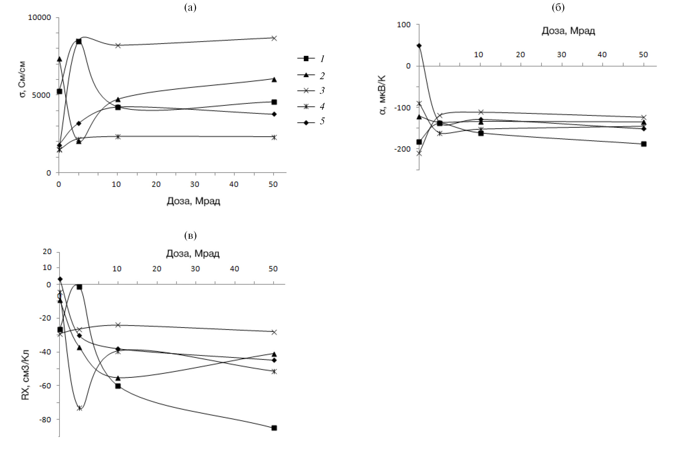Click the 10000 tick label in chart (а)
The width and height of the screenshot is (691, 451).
(x=40, y=17)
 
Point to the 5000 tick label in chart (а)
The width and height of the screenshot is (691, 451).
(x=41, y=95)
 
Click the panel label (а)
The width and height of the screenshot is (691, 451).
(x=190, y=7)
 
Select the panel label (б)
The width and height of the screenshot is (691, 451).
(x=558, y=7)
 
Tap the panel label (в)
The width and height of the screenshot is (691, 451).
(x=190, y=235)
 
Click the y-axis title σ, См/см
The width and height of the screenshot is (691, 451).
(x=22, y=79)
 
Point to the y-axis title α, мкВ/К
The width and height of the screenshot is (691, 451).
(x=383, y=95)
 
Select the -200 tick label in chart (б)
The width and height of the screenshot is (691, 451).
(x=402, y=149)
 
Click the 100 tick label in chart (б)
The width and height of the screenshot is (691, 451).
(x=404, y=25)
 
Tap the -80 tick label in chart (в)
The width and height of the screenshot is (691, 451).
(x=45, y=420)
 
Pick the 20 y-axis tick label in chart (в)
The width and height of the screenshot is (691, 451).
(x=47, y=252)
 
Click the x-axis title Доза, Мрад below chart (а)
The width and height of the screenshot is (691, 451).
(x=193, y=201)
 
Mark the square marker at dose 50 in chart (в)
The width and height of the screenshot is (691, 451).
(x=274, y=428)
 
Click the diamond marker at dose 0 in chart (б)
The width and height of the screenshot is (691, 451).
(x=419, y=46)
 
